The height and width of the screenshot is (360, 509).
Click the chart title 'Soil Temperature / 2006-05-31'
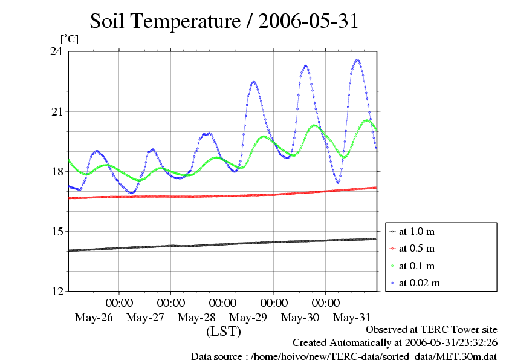[x=224, y=21]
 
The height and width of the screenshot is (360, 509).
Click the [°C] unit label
[x=68, y=39]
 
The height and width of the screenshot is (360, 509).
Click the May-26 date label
[x=94, y=317]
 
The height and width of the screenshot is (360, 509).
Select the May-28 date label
[x=197, y=317]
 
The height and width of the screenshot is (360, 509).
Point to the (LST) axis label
[x=224, y=332]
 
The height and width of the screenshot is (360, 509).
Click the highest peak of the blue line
[x=358, y=60]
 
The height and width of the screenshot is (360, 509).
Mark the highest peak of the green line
[x=367, y=120]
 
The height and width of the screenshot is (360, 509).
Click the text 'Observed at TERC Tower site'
[x=432, y=330]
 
